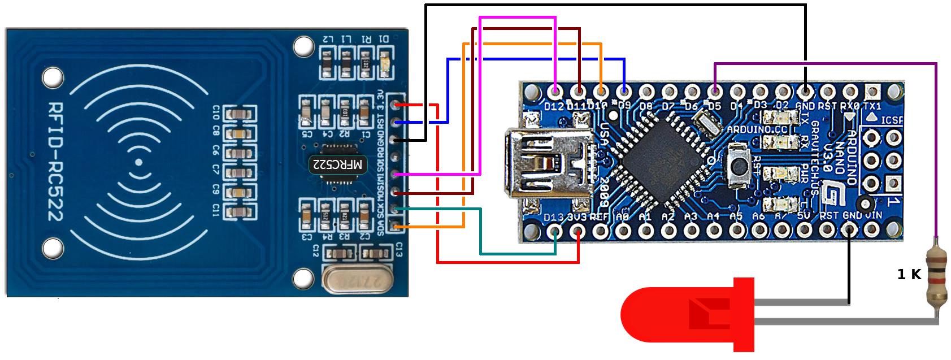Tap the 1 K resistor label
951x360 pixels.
click(x=909, y=275)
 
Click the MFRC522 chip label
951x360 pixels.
click(x=337, y=165)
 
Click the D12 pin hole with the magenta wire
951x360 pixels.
click(x=556, y=91)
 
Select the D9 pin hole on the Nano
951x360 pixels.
click(x=624, y=91)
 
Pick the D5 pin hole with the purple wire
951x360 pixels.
click(x=715, y=91)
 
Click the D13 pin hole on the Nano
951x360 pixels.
click(x=556, y=231)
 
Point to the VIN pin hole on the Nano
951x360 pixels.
click(x=874, y=231)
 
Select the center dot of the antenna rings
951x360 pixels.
click(x=138, y=163)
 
